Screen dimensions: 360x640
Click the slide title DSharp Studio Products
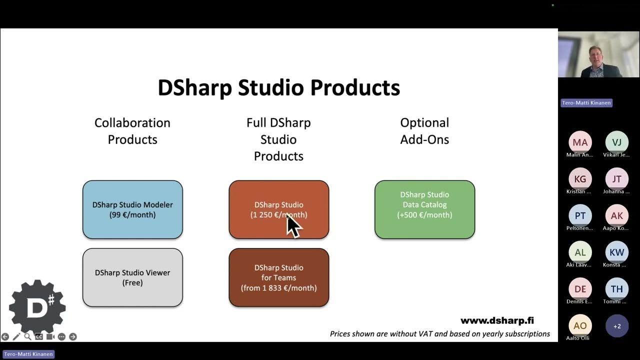point(278,87)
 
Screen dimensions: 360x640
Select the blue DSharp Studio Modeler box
point(132,209)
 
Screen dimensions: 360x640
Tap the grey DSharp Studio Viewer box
point(132,277)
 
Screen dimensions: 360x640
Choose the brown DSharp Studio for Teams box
point(278,277)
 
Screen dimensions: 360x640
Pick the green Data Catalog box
point(424,209)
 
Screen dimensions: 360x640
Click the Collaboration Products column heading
point(132,131)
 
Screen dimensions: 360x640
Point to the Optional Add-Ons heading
point(424,131)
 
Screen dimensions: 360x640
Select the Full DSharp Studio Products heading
point(278,139)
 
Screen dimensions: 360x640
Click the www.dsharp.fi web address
point(496,320)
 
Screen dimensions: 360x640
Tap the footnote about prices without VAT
point(439,334)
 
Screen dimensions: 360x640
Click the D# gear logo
point(37,307)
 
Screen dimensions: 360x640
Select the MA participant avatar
point(580,142)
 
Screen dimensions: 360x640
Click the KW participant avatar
point(616,252)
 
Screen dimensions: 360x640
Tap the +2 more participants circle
point(616,326)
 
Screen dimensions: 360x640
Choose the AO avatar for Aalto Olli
point(580,326)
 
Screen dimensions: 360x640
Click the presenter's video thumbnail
point(598,54)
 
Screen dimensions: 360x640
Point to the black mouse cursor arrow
point(293,226)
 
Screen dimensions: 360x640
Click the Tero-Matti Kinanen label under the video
point(586,103)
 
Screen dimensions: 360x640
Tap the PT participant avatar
point(580,216)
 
